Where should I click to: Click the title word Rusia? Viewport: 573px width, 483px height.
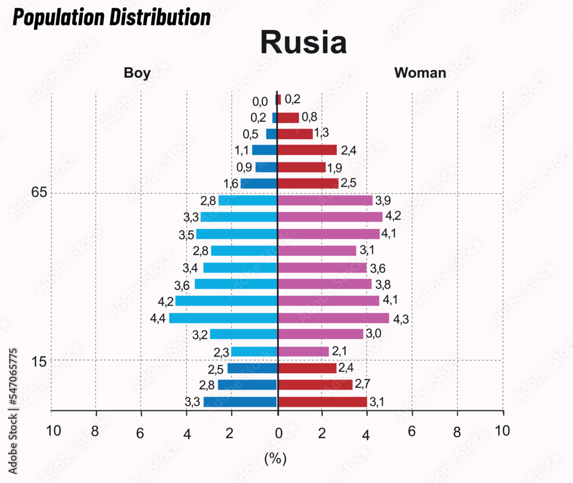[x=303, y=42]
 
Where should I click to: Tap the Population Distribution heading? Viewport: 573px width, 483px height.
[x=112, y=18]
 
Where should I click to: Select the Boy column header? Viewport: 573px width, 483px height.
[x=137, y=73]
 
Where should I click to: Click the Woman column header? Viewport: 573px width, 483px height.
[x=420, y=73]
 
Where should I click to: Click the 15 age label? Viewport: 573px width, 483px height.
[x=38, y=361]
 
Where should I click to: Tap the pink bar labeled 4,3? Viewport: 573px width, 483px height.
[x=333, y=318]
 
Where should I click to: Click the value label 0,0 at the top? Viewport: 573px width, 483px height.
[x=260, y=102]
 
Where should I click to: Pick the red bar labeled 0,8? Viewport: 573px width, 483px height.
[x=288, y=117]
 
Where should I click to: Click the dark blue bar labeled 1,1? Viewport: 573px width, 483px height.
[x=265, y=151]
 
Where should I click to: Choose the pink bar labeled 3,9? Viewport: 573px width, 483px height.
[x=325, y=200]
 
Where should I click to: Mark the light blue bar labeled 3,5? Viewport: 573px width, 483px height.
[x=237, y=234]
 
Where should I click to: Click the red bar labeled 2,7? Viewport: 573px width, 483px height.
[x=315, y=385]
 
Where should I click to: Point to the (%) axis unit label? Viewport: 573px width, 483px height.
[x=276, y=458]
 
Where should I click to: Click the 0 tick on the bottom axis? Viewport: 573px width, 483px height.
[x=278, y=432]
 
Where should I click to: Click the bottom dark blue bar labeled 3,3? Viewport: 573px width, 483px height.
[x=240, y=402]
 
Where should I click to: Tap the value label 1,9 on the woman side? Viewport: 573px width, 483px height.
[x=334, y=168]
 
